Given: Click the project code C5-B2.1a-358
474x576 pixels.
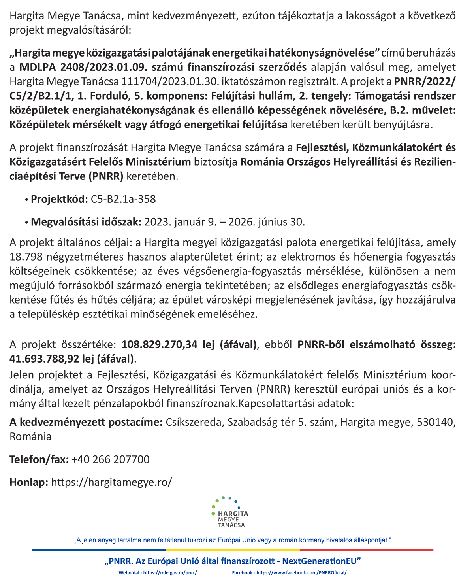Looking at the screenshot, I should tap(123, 199).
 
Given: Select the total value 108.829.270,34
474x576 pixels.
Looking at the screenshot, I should tap(160, 345).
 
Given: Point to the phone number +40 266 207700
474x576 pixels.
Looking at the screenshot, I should tap(111, 459).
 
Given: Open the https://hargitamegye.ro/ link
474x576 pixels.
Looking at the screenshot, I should tap(112, 482).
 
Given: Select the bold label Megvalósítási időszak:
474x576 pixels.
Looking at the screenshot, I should tap(86, 222).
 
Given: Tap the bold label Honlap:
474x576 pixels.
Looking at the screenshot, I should tap(29, 482).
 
